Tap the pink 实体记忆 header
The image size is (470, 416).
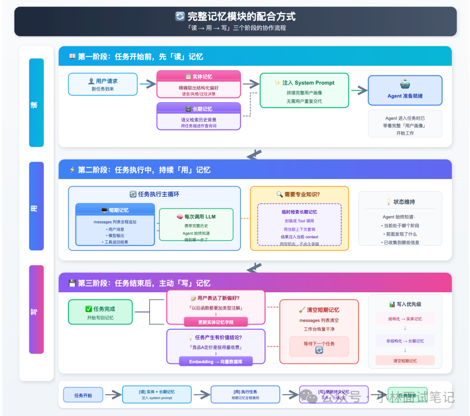198,77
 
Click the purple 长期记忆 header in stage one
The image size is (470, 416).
198,109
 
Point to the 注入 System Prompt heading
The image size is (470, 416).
304,83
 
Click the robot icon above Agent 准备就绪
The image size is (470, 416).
405,85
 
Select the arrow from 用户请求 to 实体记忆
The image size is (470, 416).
148,84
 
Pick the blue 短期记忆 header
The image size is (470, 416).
115,210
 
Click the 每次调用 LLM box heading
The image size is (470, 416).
196,216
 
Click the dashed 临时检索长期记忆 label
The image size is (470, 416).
299,212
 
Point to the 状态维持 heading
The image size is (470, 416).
400,202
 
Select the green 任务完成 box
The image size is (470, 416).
100,312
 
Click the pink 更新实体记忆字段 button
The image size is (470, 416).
215,322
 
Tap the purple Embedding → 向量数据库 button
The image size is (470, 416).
215,362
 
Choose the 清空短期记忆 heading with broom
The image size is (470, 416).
319,310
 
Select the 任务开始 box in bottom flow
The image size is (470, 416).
83,395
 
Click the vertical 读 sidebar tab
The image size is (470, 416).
36,103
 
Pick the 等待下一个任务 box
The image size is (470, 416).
319,346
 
